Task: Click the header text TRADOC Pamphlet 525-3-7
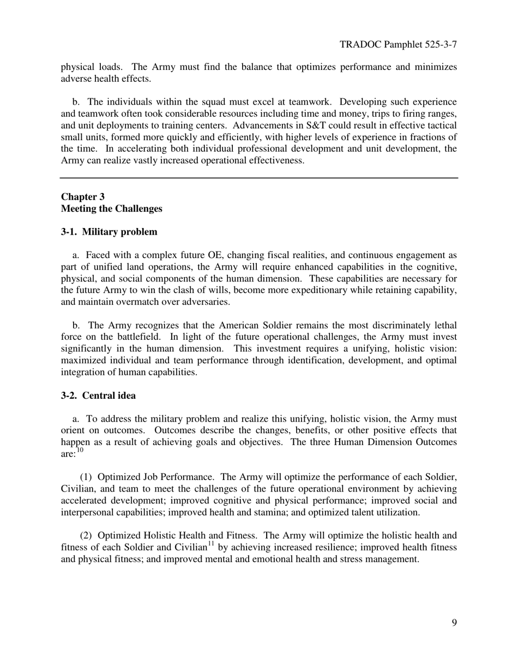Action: click(398, 44)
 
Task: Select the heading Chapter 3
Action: click(83, 196)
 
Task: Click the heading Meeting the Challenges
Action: click(111, 208)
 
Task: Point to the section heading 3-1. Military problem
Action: click(109, 232)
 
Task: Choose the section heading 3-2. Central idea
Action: click(98, 396)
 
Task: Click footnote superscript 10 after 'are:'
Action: click(80, 450)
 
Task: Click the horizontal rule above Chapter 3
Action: click(259, 178)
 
